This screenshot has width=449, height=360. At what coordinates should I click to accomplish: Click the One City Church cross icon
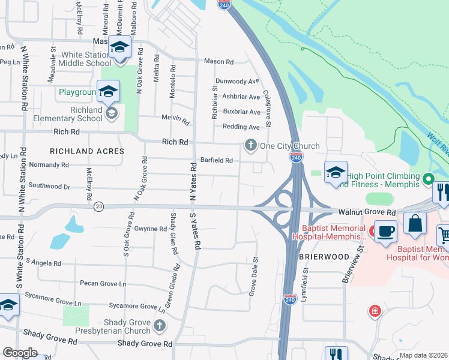(250, 145)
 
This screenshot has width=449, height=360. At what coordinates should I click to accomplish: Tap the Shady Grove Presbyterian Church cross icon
(159, 325)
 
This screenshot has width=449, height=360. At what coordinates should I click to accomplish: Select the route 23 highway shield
(99, 206)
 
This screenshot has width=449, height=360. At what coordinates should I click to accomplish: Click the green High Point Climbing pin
(428, 178)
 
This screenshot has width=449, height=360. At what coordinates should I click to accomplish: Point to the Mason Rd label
(218, 61)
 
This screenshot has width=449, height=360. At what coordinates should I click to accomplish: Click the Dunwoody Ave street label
(238, 82)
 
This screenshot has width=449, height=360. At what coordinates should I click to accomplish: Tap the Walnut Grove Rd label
(375, 212)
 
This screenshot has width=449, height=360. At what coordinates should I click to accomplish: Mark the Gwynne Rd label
(150, 229)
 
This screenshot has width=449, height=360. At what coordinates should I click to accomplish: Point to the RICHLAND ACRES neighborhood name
(87, 152)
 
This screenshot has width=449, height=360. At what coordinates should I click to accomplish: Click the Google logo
(20, 353)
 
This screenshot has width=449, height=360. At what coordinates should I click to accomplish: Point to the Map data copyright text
(423, 355)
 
